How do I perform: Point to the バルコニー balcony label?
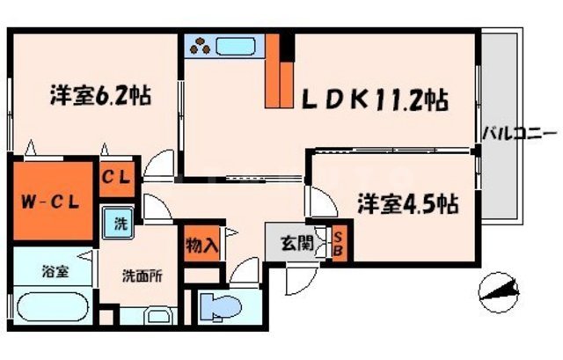(x=519, y=135)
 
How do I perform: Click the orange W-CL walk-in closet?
(x=51, y=201)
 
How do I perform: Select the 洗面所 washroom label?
(x=142, y=274)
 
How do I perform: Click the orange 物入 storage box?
(x=201, y=245)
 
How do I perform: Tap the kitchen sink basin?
(x=236, y=45)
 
